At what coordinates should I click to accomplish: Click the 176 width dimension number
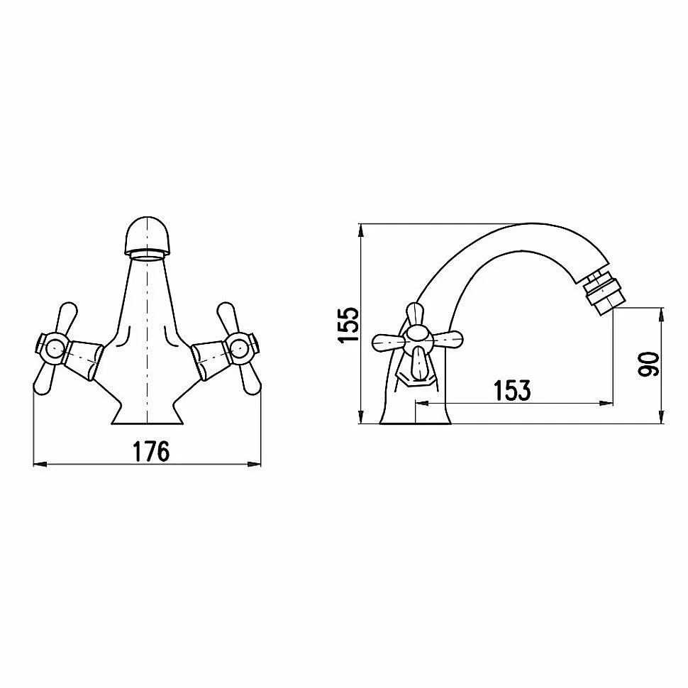[x=151, y=452]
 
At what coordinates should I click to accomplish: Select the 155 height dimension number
[x=349, y=325]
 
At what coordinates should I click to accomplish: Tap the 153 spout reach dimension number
[x=512, y=391]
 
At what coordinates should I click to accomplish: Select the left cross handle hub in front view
[x=52, y=349]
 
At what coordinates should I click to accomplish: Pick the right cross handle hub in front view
[x=241, y=348]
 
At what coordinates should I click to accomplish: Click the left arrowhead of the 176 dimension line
[x=40, y=464]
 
